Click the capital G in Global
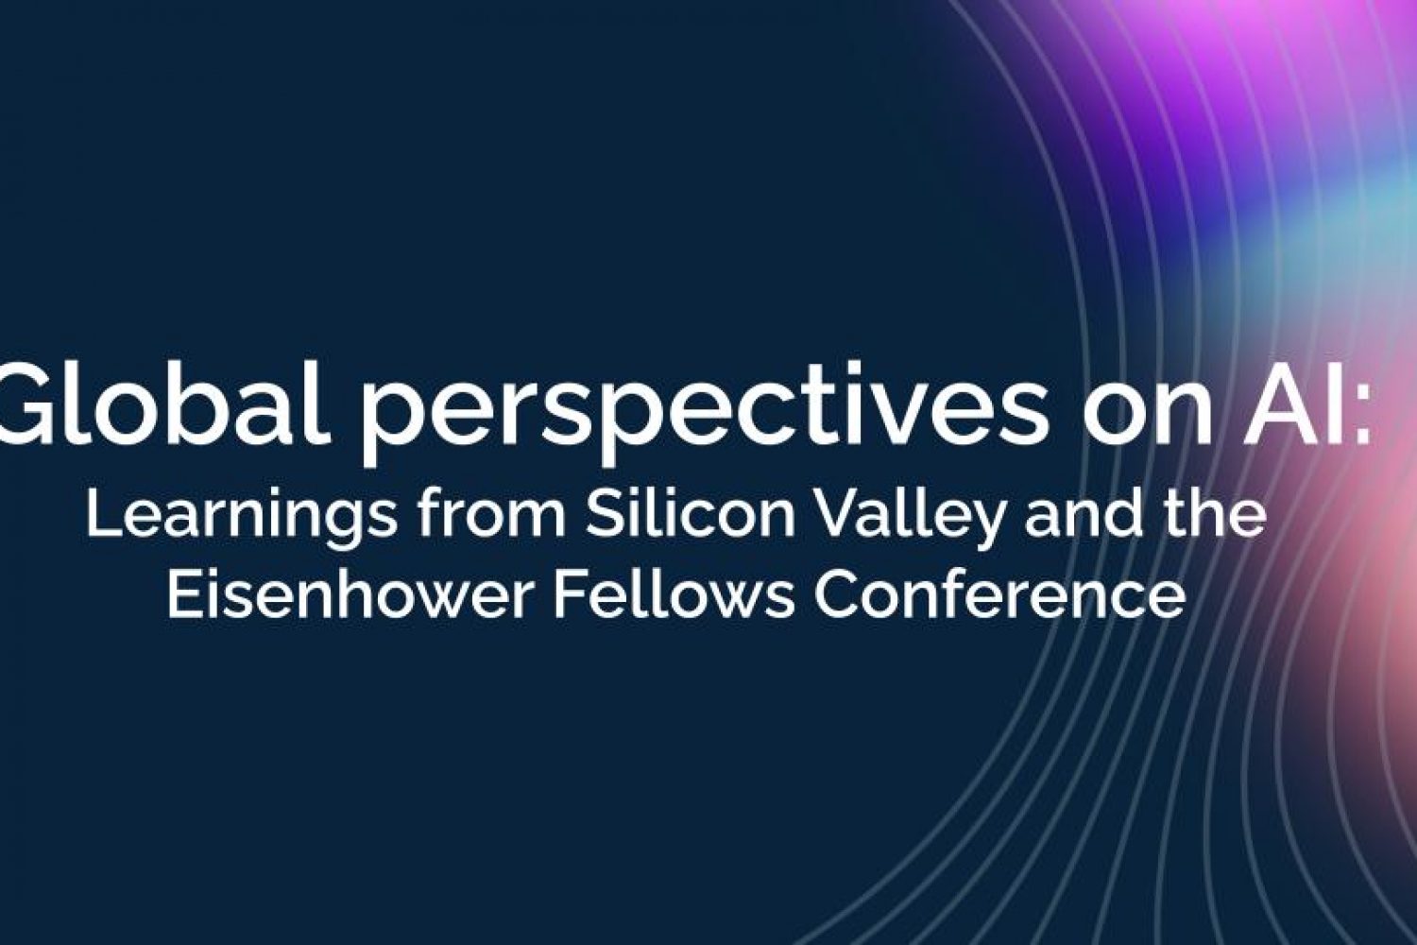27,403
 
